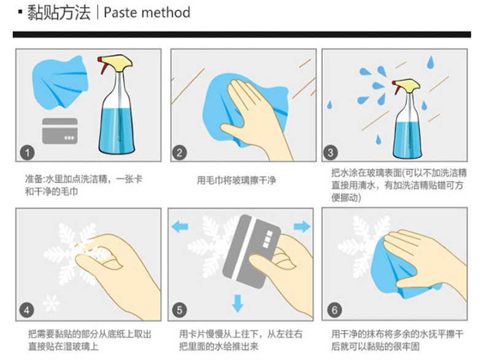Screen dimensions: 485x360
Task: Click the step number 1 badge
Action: pyautogui.click(x=27, y=152)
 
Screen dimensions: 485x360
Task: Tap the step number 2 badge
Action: pyautogui.click(x=179, y=152)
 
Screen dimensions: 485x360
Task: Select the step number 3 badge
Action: pyautogui.click(x=330, y=152)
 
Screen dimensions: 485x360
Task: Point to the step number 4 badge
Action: pyautogui.click(x=26, y=310)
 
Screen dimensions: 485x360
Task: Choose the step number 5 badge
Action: pyautogui.click(x=179, y=310)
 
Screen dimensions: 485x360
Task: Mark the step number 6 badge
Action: pyautogui.click(x=335, y=310)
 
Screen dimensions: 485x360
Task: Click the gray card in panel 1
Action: pyautogui.click(x=60, y=131)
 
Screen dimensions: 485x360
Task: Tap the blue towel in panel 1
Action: pyautogui.click(x=60, y=83)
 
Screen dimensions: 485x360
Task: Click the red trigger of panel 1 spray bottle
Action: pyautogui.click(x=101, y=65)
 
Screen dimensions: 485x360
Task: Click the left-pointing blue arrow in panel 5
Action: pyautogui.click(x=180, y=227)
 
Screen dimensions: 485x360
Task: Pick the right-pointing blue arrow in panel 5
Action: pyautogui.click(x=302, y=227)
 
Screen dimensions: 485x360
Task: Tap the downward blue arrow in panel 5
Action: pyautogui.click(x=238, y=303)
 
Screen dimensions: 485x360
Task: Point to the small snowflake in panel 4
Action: pyautogui.click(x=52, y=303)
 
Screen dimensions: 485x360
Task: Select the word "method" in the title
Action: pyautogui.click(x=166, y=13)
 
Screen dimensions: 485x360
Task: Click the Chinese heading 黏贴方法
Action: pyautogui.click(x=59, y=13)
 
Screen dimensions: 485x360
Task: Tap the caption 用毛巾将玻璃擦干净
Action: pyautogui.click(x=236, y=180)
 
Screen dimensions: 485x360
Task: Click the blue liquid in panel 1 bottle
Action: pyautogui.click(x=117, y=130)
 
